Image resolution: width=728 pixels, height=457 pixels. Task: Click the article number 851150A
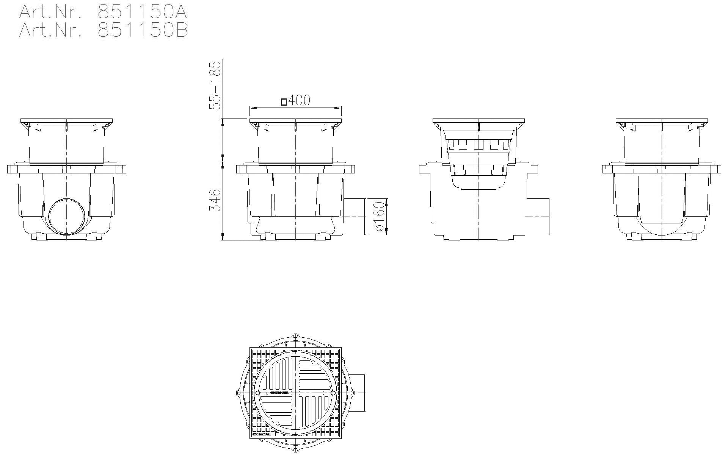tap(142, 12)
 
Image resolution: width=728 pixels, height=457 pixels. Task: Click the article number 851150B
tap(142, 30)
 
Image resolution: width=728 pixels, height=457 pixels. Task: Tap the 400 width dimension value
tap(299, 100)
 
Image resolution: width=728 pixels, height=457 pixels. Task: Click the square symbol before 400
tap(284, 101)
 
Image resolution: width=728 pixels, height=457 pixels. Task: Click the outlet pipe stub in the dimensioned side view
tap(355, 216)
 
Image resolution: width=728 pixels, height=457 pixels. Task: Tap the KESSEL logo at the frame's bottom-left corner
tap(262, 434)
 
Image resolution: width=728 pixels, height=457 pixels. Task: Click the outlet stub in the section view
tap(538, 216)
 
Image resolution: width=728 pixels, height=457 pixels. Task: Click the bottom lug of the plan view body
tap(295, 449)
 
